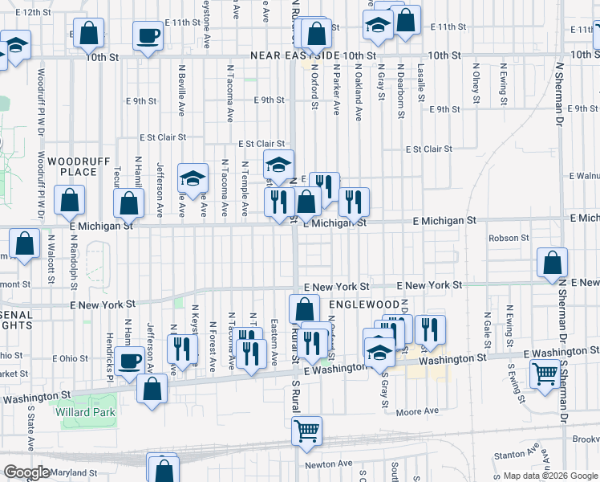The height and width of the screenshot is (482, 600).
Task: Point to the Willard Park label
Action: [86, 413]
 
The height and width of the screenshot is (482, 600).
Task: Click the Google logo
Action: [26, 472]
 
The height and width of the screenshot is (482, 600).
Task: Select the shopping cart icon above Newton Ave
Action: [307, 431]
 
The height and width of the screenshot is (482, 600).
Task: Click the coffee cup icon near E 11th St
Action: [148, 36]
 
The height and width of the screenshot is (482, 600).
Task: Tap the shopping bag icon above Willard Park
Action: [152, 389]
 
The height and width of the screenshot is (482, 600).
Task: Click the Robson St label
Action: [509, 238]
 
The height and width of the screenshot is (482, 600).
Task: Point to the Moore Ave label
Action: [418, 412]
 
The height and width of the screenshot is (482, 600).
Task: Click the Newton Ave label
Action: [328, 464]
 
